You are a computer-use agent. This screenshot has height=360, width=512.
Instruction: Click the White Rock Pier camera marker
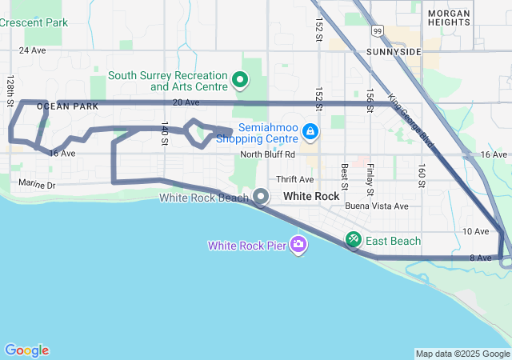point(298,244)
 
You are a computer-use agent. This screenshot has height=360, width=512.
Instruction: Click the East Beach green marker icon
point(353,239)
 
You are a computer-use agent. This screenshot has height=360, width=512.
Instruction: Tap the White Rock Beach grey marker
point(262,196)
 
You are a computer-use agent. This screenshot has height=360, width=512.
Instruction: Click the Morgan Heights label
point(449,18)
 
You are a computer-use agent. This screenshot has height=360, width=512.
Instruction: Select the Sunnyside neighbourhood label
point(393,51)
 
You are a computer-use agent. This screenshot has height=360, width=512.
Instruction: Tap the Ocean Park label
point(67,106)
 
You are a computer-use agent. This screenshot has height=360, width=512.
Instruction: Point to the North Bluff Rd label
point(268,154)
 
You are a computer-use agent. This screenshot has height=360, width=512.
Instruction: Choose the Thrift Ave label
point(295,179)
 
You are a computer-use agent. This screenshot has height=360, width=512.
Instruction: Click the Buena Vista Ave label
point(377,206)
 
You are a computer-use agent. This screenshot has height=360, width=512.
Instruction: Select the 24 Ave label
point(33,50)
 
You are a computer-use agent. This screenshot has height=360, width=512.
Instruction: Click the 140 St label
point(164,133)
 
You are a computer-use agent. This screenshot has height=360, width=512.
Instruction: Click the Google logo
point(26,350)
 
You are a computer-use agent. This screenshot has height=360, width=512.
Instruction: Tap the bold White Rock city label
point(311,196)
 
